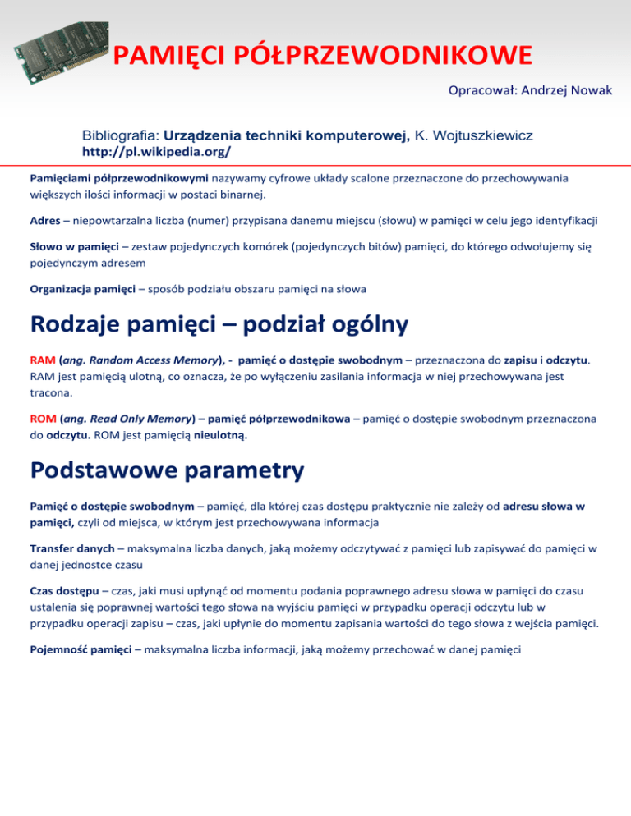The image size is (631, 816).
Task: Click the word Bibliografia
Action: tap(120, 135)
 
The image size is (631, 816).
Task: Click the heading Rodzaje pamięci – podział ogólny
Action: tap(219, 325)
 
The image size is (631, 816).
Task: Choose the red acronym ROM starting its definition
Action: tap(42, 419)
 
